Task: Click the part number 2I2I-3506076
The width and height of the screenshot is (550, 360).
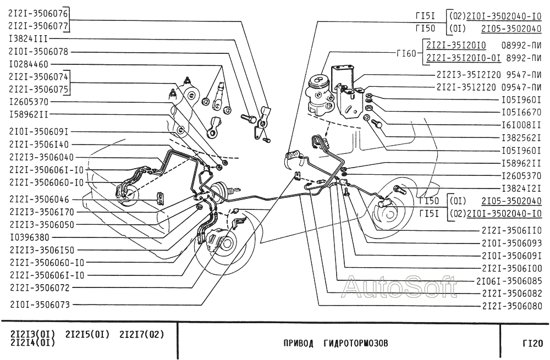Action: [x=39, y=12]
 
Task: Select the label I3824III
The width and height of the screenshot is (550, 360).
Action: [x=29, y=38]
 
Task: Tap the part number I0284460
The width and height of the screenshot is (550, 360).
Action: [x=29, y=64]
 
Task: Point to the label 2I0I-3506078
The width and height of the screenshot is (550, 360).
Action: [x=39, y=51]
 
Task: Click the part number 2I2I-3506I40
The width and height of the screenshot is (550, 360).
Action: [x=39, y=144]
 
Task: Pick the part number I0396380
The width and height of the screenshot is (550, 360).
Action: [x=29, y=237]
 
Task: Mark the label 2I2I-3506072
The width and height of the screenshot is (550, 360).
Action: [x=39, y=287]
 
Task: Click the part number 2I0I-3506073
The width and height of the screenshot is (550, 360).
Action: [x=39, y=303]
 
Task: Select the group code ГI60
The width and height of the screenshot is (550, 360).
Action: [x=406, y=53]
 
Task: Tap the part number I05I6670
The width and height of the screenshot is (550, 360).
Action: [x=522, y=113]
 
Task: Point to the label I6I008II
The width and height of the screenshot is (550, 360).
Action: [x=522, y=125]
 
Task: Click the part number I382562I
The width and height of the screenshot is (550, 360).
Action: [x=522, y=138]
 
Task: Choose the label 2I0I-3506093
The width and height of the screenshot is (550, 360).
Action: [x=512, y=243]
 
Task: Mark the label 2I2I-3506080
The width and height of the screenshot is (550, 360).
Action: [x=512, y=306]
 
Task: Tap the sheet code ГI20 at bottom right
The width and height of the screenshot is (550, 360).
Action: [x=532, y=344]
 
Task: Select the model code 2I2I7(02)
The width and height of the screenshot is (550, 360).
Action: [x=142, y=334]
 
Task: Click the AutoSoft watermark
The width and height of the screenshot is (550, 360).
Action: [x=399, y=286]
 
